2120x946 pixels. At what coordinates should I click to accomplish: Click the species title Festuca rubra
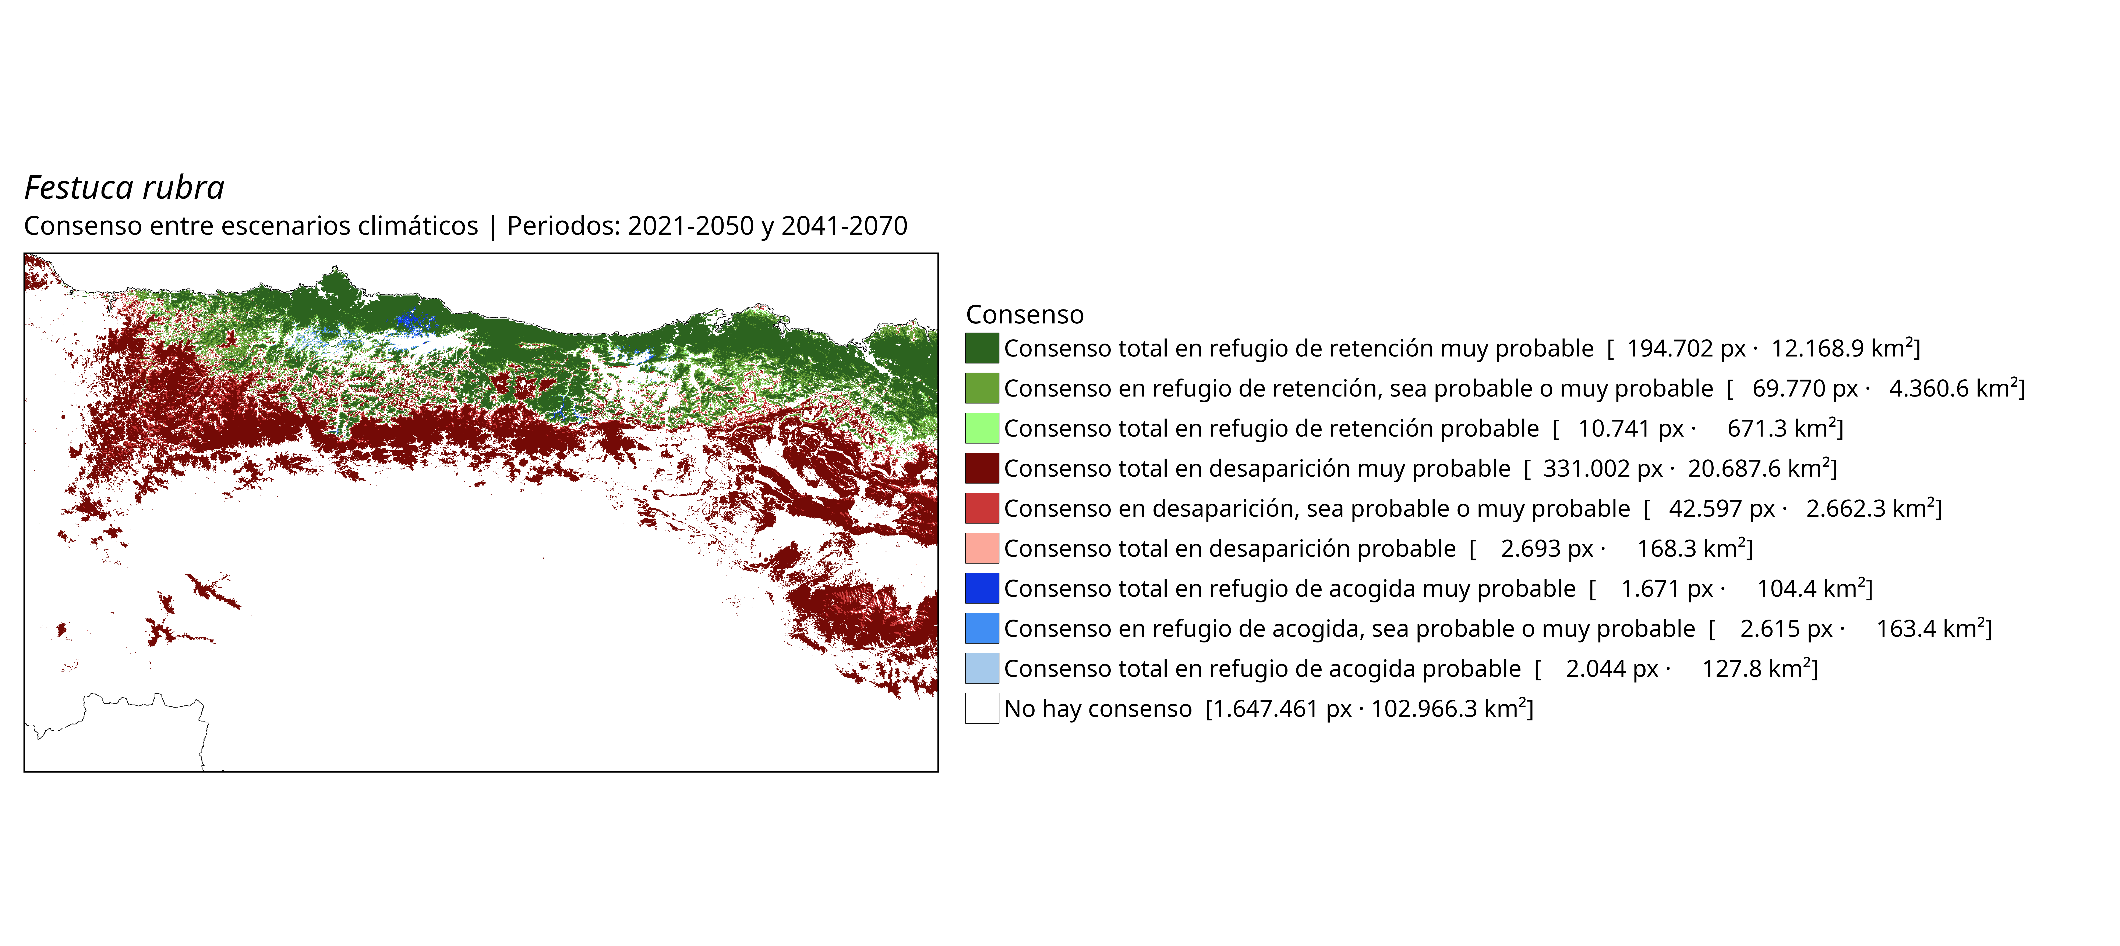[x=124, y=187]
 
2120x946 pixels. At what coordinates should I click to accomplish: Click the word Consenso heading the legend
[x=1025, y=314]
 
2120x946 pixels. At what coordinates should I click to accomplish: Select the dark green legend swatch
[x=982, y=348]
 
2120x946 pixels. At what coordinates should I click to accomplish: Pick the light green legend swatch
[x=982, y=428]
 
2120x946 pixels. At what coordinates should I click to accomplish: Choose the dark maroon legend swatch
[x=982, y=468]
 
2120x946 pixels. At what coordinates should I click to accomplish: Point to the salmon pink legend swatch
[x=982, y=548]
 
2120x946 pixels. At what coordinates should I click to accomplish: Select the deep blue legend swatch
[x=982, y=588]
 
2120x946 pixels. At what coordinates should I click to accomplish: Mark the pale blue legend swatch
[x=982, y=668]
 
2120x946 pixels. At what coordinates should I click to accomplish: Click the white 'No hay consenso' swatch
[x=982, y=708]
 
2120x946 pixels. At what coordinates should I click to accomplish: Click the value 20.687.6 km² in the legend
[x=1759, y=468]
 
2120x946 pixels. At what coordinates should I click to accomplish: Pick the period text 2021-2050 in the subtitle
[x=690, y=225]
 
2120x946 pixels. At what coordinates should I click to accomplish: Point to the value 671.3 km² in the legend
[x=1782, y=428]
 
